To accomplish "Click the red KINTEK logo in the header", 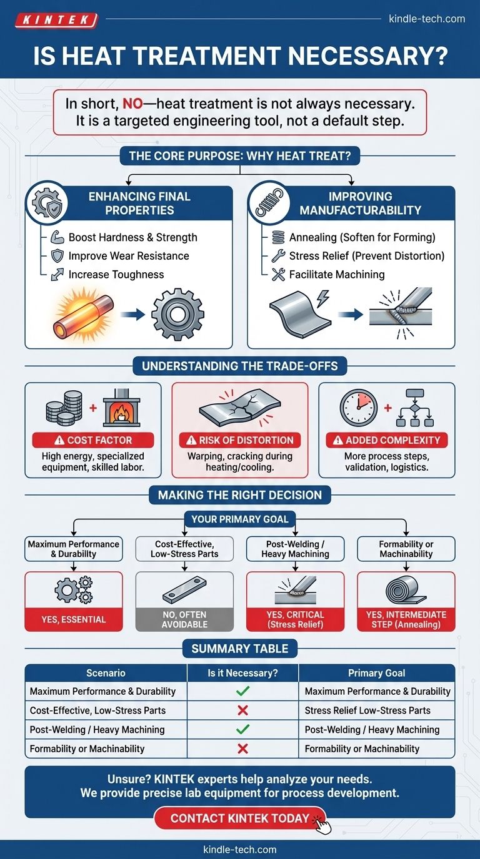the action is [56, 20].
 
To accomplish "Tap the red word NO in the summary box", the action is [132, 104].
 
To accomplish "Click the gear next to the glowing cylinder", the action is [177, 315].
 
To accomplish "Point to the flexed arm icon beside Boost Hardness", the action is [57, 237].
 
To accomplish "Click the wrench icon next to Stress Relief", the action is [278, 256].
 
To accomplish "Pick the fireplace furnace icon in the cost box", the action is [122, 408].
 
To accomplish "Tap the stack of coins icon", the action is [64, 408].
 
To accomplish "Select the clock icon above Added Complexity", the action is [359, 408].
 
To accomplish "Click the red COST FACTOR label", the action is [93, 440].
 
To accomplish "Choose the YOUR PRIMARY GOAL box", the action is [240, 519].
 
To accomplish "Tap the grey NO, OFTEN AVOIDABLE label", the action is [184, 619].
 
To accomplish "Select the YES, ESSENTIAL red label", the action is [74, 619].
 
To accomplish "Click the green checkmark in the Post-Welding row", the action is [242, 729].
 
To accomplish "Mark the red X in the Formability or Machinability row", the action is [242, 748].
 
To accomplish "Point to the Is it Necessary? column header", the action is [242, 673].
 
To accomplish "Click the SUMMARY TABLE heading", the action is [240, 649].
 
